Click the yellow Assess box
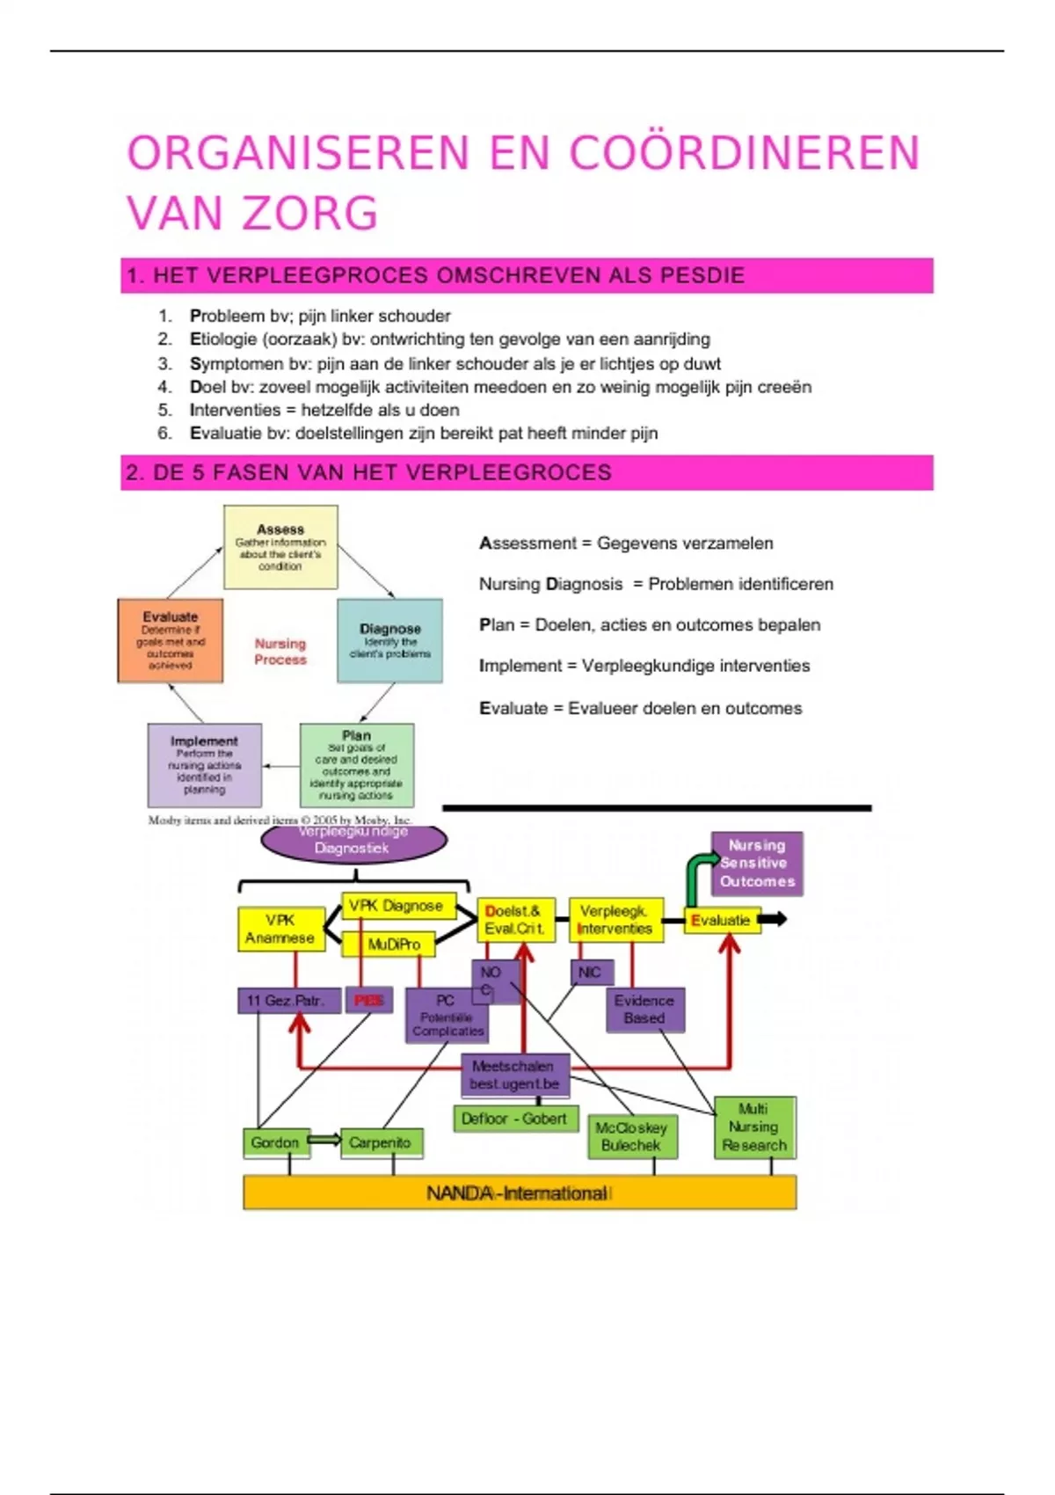point(280,547)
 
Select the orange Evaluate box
point(170,641)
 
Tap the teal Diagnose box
point(389,641)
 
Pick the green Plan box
point(356,765)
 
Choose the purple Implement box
point(204,765)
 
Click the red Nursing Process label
point(280,652)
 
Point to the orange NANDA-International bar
point(519,1193)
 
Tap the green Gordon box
point(275,1142)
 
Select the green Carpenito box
point(380,1142)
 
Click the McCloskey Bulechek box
point(631,1136)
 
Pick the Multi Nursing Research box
point(754,1127)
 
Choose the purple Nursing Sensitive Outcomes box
point(756,864)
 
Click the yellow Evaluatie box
point(721,921)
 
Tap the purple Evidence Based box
point(644,1010)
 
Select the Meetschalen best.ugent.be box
point(514,1076)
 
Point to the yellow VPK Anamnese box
point(280,930)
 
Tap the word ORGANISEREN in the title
point(299,153)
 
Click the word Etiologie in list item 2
point(220,339)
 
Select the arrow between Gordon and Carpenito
point(324,1141)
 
